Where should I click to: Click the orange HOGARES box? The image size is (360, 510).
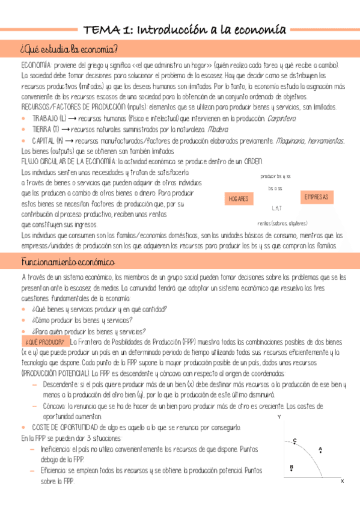pos(239,198)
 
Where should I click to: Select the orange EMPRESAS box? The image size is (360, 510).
pos(317,197)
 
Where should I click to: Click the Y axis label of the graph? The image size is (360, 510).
pos(279,417)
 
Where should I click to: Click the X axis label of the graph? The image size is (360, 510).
pos(342,481)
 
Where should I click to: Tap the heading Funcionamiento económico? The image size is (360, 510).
pos(67,262)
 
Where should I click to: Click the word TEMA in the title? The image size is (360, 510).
pos(101,29)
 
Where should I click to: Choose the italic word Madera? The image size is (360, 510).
pos(218,129)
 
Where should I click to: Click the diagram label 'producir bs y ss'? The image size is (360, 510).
pos(276,176)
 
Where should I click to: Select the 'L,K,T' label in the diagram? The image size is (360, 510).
pos(276,208)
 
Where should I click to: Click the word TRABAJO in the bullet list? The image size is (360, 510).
pos(46,118)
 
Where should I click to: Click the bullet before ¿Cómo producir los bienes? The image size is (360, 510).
pos(23,321)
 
